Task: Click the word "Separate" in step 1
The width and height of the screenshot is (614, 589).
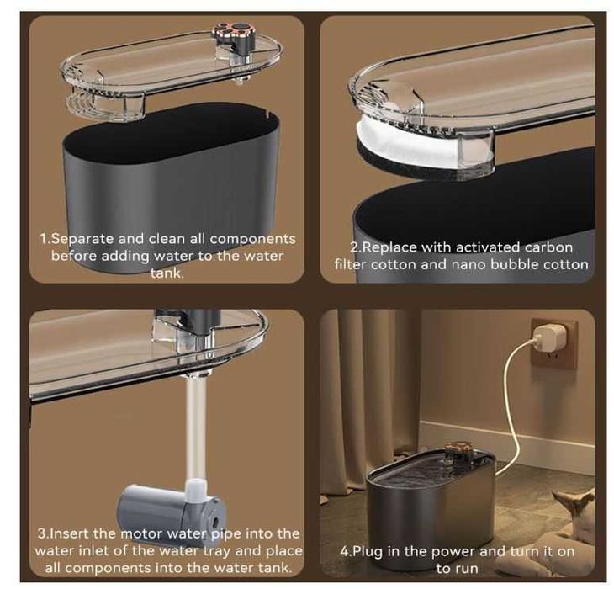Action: tap(82, 239)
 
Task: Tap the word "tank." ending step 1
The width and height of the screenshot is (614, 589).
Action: tap(167, 273)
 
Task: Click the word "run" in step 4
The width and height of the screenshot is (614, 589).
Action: tap(468, 569)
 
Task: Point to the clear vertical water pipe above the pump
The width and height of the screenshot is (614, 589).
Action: tap(194, 426)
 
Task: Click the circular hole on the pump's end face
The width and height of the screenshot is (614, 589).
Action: tap(214, 522)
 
